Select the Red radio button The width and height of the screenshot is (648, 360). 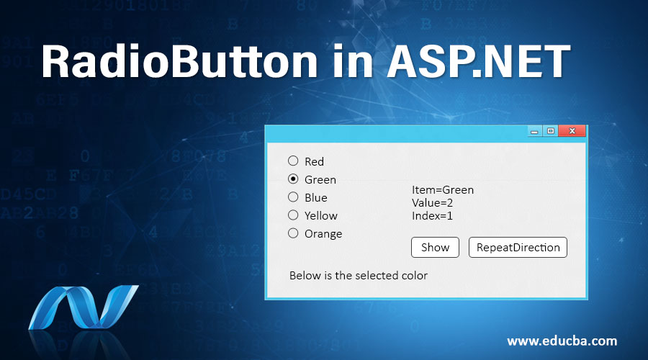coord(293,161)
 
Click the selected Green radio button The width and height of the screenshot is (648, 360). coord(293,179)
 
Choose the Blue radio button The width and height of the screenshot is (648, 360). coord(293,197)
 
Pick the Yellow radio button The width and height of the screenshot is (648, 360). coord(293,215)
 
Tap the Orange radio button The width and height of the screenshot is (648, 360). coord(293,233)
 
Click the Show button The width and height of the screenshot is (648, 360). coord(435,247)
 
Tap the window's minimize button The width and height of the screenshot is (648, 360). coord(534,131)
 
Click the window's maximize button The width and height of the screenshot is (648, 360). coord(550,131)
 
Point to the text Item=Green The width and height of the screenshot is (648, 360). coord(443,190)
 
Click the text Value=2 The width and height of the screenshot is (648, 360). coord(432,202)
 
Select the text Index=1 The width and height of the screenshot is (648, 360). coord(432,215)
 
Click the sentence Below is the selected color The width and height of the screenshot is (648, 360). coord(358,275)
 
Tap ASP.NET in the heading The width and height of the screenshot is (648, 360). coord(479,62)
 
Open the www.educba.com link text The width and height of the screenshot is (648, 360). coord(562,341)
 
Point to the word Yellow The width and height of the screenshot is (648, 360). coord(320,215)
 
